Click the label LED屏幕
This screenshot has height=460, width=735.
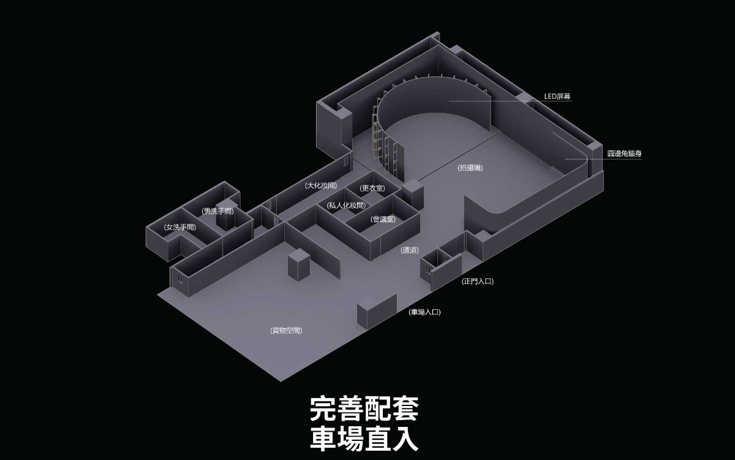click(557, 96)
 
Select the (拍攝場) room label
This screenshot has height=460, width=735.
click(470, 167)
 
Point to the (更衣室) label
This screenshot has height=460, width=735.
click(372, 188)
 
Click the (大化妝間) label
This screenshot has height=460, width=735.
click(320, 185)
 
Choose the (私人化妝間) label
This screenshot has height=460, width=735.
click(346, 205)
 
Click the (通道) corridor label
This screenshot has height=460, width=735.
click(410, 250)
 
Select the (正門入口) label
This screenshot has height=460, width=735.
click(477, 281)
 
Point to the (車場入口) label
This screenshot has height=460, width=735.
click(424, 312)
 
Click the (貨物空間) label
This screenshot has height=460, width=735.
click(286, 331)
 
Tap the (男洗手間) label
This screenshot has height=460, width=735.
click(217, 211)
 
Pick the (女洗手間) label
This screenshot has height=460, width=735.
click(180, 227)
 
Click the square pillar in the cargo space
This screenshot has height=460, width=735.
click(299, 264)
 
